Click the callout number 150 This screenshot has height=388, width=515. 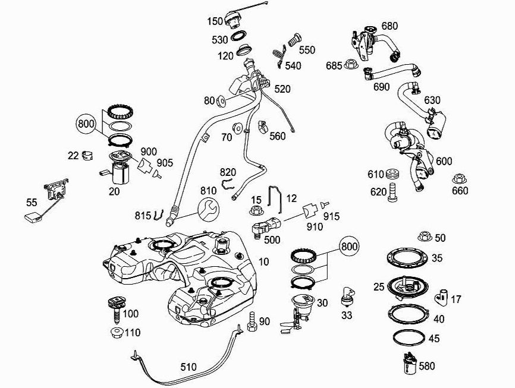pos(215,21)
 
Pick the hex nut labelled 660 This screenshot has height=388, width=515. pos(459,179)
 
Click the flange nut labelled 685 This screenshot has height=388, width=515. pos(350,65)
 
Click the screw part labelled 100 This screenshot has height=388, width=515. pos(115,307)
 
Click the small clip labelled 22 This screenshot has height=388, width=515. pos(88,156)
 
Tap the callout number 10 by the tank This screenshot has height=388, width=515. pos(263,261)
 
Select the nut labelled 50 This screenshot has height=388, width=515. pos(425,236)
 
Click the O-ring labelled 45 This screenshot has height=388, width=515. pos(412,337)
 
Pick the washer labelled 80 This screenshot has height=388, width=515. pos(221,100)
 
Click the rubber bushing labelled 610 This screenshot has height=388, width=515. pos(392,175)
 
